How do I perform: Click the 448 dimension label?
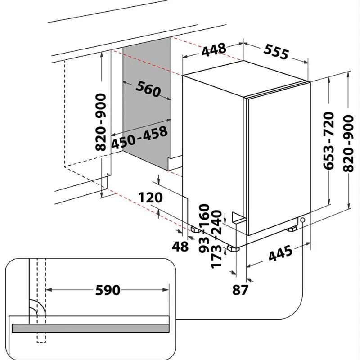[x=214, y=49]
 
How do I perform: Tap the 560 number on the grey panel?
[x=148, y=89]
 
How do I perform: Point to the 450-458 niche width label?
[x=139, y=138]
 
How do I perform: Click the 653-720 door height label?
[x=328, y=141]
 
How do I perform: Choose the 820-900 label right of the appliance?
[x=348, y=144]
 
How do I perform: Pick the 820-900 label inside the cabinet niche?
[x=101, y=122]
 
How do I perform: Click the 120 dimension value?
[x=150, y=198]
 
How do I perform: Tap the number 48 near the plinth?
[x=180, y=247]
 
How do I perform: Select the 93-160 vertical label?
[x=204, y=228]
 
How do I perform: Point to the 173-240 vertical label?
[x=216, y=239]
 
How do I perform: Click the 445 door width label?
[x=280, y=253]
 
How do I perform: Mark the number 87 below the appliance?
[x=240, y=289]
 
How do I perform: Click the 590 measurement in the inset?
[x=108, y=290]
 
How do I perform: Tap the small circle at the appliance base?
[x=302, y=220]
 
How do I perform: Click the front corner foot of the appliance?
[x=234, y=249]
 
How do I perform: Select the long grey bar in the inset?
[x=91, y=328]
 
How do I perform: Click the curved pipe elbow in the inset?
[x=37, y=308]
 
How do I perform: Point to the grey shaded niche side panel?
[x=147, y=103]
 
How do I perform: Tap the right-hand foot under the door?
[x=292, y=229]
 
